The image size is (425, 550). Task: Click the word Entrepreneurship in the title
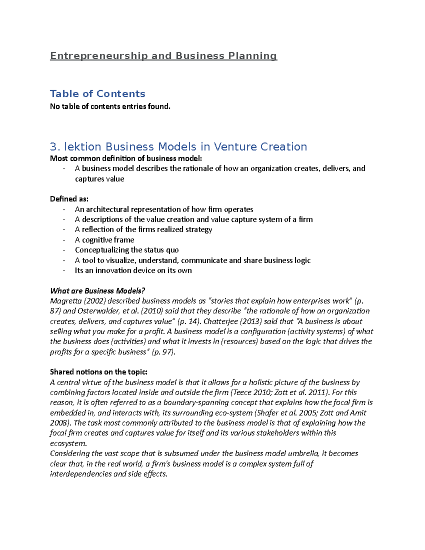click(99, 56)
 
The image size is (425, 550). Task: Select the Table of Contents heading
click(98, 93)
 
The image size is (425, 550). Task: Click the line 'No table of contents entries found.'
click(110, 106)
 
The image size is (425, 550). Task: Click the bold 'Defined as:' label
click(69, 199)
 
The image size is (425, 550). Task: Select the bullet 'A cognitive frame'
click(104, 240)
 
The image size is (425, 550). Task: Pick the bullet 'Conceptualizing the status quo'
click(127, 250)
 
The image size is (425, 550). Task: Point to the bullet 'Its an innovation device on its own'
click(133, 270)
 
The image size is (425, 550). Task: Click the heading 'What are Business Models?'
click(98, 291)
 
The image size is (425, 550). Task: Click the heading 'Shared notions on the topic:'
click(99, 372)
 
